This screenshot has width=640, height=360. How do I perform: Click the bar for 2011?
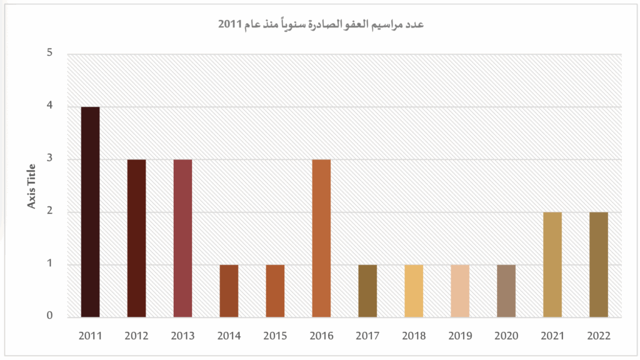[x=90, y=212]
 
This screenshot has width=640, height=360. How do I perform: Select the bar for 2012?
[x=136, y=238]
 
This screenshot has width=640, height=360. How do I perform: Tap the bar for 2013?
[x=182, y=238]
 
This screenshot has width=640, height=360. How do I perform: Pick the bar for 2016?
[x=321, y=238]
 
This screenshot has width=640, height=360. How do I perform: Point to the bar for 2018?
[x=414, y=291]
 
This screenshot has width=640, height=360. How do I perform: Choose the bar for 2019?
[x=460, y=291]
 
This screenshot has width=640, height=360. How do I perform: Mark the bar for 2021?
[x=552, y=264]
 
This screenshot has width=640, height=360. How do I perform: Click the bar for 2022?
[x=599, y=264]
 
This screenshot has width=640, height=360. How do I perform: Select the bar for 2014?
[x=229, y=291]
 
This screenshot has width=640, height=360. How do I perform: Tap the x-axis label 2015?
[x=275, y=336]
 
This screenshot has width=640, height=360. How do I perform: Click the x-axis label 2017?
[x=367, y=336]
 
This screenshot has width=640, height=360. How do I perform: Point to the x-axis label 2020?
[x=506, y=336]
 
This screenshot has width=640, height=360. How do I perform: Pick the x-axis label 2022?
[x=599, y=336]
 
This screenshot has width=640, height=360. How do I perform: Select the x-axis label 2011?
[x=90, y=336]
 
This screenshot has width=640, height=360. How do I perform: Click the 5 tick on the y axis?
[x=49, y=54]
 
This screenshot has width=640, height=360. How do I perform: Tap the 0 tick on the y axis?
[x=49, y=316]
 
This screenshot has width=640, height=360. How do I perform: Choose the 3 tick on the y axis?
[x=49, y=159]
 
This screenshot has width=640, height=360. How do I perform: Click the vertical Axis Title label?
[x=32, y=185]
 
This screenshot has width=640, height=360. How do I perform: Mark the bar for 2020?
[x=506, y=291]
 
